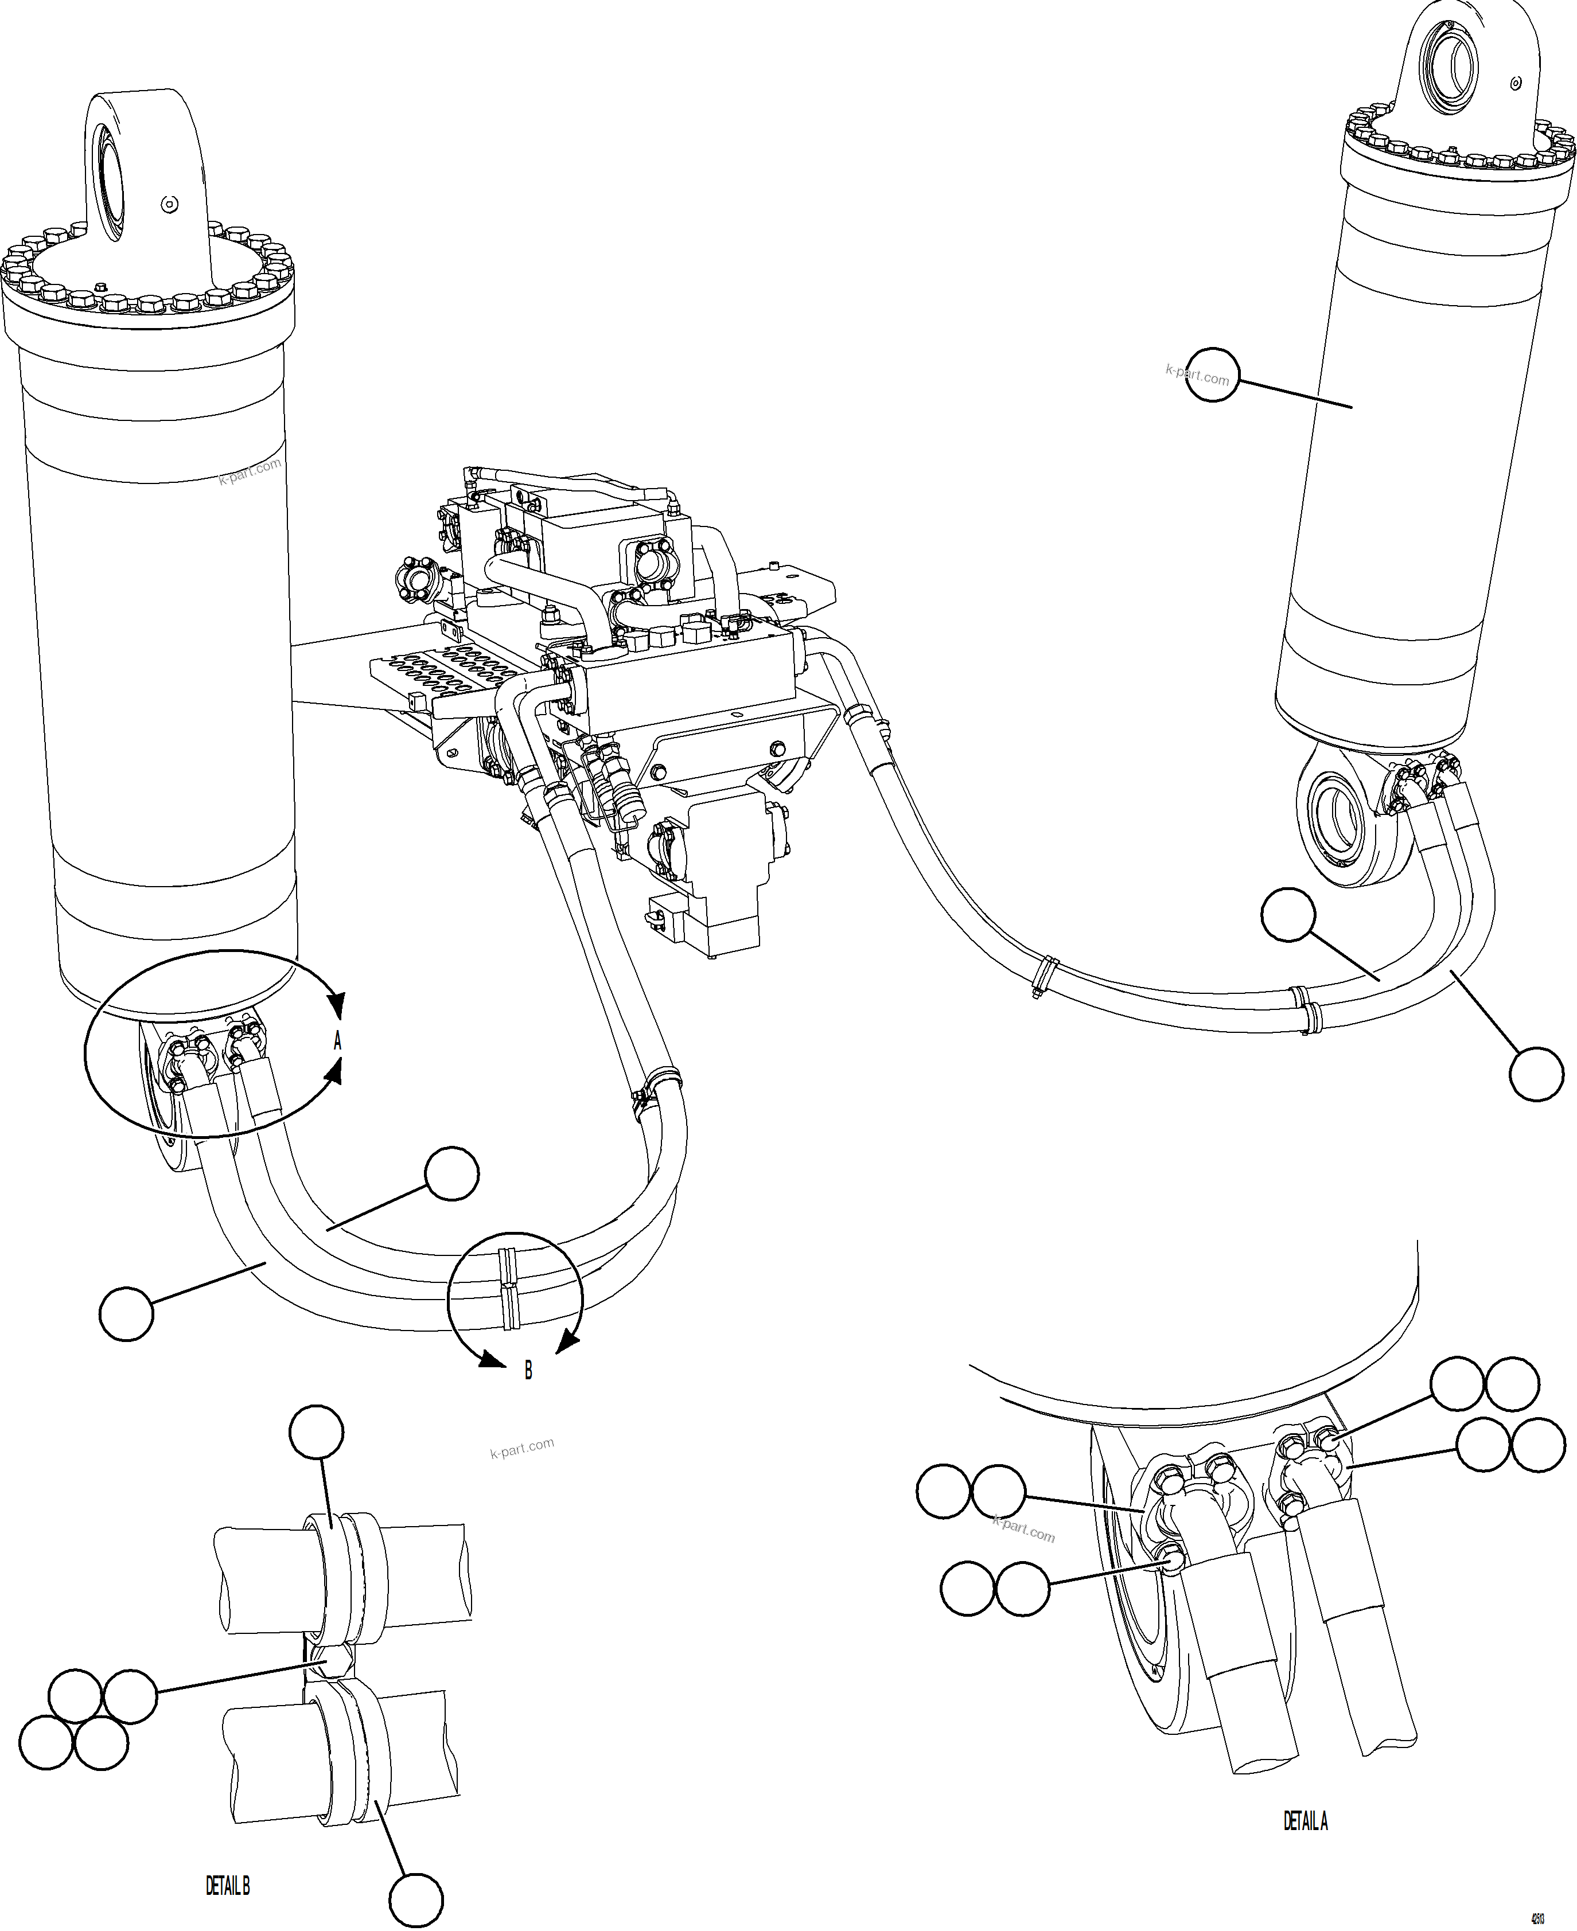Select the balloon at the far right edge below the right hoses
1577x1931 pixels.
coord(1536,1075)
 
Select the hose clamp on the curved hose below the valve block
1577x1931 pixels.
coord(657,1086)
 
